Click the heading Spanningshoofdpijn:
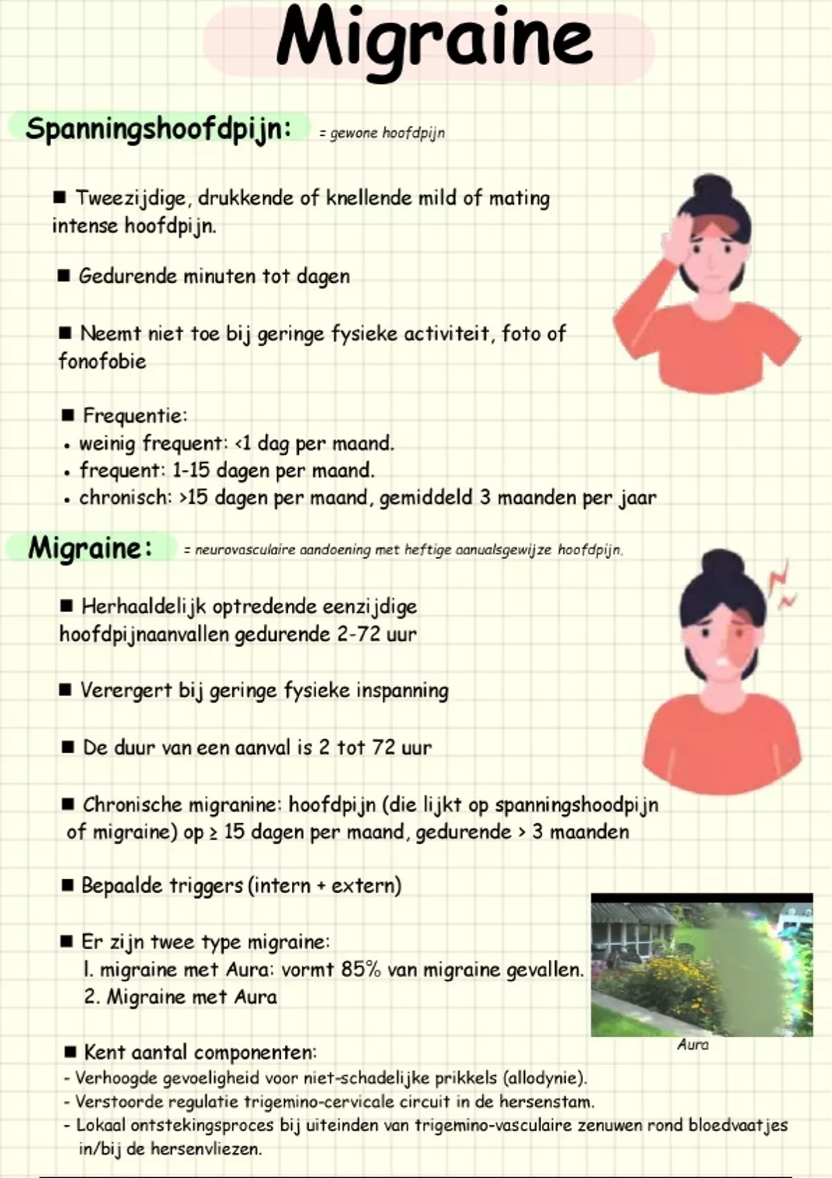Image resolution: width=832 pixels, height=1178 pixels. tap(158, 129)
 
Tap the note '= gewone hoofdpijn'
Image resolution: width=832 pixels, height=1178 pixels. tap(382, 133)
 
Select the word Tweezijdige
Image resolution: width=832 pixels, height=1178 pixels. tap(131, 198)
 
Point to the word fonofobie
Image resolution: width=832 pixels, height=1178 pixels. tap(102, 361)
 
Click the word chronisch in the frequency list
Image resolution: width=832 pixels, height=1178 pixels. tap(123, 498)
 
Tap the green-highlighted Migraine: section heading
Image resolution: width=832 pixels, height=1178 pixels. tap(89, 548)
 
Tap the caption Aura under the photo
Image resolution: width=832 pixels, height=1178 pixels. tap(693, 1044)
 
